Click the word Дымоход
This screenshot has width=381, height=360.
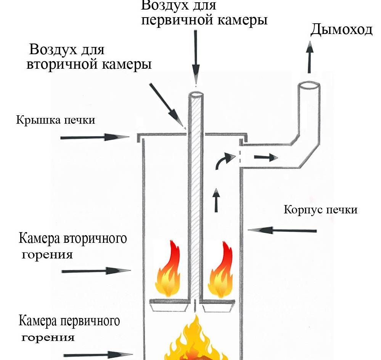341,29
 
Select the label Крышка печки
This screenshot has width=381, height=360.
55,120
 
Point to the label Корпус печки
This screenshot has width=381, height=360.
320,210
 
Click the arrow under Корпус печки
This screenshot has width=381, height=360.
282,230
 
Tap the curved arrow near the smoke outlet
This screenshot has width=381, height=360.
223,161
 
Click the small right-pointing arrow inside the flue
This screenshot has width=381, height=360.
264,157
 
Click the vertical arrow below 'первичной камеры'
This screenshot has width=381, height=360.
196,57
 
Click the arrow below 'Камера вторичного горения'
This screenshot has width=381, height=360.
95,271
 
